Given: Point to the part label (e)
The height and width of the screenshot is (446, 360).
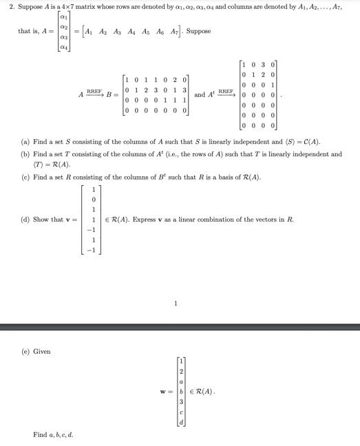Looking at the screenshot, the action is coord(25,352).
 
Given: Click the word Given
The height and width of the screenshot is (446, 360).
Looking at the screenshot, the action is coord(42,352).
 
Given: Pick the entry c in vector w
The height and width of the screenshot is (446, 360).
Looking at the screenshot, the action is coord(181,412).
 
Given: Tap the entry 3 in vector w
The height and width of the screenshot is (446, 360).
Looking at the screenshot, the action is coord(181,401).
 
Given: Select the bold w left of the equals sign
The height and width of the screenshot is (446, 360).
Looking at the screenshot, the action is coord(162,392).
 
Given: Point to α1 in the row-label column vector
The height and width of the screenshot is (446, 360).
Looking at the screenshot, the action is coord(64,19).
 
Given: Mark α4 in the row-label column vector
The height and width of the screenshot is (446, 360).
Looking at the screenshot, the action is coord(64,47).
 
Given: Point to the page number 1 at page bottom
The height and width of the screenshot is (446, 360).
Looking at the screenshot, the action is coord(176,303).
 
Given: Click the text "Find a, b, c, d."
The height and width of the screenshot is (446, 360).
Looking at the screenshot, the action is coord(53,434).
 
